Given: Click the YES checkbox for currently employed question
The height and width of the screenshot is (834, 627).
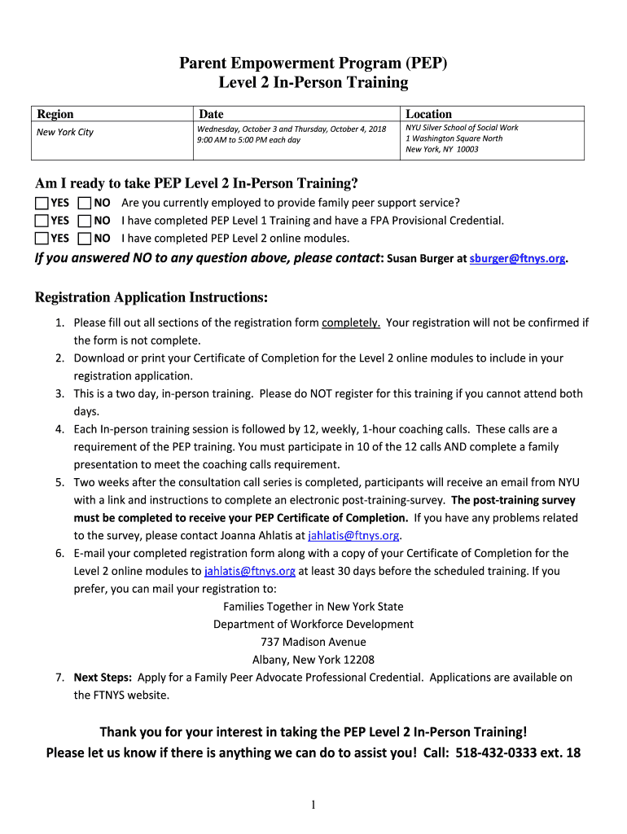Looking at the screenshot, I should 42,203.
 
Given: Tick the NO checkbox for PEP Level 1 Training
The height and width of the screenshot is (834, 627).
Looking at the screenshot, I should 84,221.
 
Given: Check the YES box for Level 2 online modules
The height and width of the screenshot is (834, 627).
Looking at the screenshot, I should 42,239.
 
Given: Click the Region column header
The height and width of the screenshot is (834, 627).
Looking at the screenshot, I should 55,114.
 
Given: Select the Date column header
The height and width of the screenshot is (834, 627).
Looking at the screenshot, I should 211,114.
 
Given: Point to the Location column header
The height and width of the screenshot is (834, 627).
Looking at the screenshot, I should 429,114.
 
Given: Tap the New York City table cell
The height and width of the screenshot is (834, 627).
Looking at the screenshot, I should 65,133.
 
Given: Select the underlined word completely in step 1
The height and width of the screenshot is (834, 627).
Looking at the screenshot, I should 351,323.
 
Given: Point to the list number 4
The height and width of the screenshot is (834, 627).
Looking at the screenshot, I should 60,429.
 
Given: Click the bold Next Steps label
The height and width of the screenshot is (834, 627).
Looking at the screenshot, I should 104,678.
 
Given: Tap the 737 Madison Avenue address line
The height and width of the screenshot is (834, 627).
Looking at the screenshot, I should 313,642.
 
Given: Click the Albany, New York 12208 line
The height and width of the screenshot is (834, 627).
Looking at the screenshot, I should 313,660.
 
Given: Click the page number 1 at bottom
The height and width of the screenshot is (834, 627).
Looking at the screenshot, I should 313,805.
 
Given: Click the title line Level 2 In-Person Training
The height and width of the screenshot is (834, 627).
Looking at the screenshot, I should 313,82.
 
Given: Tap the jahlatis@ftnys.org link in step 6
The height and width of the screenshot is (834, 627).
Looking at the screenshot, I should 250,571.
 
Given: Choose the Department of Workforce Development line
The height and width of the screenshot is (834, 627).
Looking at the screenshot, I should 313,624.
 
